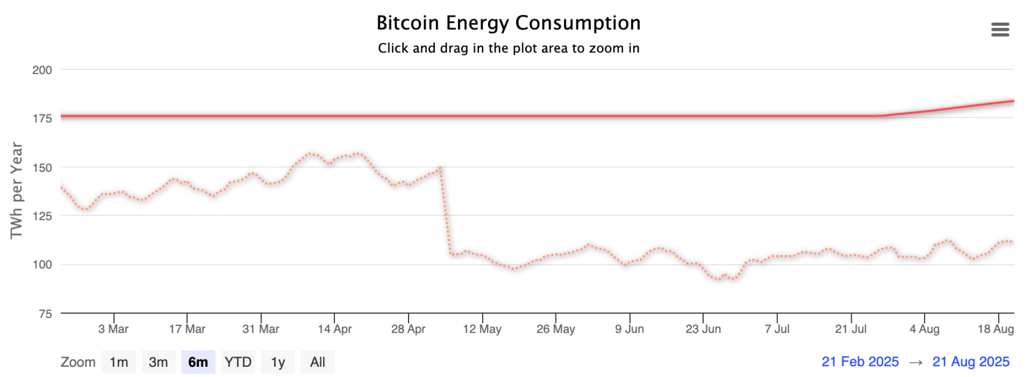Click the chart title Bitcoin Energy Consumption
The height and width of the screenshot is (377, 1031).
[x=508, y=23]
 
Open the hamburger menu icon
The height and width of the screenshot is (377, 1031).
[x=1000, y=30]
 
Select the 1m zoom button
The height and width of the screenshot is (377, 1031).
[x=119, y=362]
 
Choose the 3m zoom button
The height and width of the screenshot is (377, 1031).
[x=158, y=362]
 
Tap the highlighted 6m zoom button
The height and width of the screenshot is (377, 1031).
[x=198, y=362]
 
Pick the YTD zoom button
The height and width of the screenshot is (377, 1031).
[x=238, y=362]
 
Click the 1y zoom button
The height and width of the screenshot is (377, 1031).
[x=278, y=362]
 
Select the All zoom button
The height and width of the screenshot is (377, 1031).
[x=317, y=362]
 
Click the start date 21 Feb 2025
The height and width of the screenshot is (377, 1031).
[x=860, y=361]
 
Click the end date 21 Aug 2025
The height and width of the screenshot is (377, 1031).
[x=971, y=361]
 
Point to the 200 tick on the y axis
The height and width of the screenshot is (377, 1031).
[x=42, y=70]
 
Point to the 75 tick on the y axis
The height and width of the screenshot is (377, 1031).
[x=45, y=314]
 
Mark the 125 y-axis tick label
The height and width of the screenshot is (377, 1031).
[x=42, y=216]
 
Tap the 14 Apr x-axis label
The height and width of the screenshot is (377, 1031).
[x=335, y=329]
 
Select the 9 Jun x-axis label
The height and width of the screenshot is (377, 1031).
[x=630, y=329]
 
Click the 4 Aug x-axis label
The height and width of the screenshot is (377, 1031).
[x=924, y=329]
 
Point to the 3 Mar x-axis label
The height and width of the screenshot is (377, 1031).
[x=113, y=329]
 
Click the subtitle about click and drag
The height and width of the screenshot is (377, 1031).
[x=508, y=48]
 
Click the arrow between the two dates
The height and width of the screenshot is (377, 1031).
[x=916, y=362]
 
